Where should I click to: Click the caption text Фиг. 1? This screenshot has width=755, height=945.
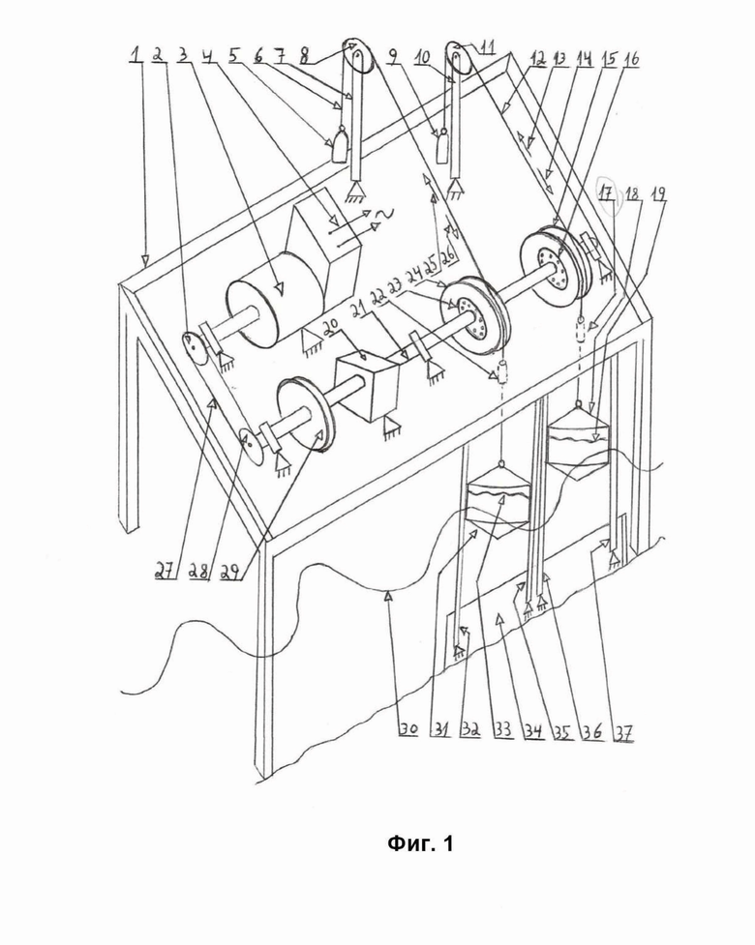tap(420, 843)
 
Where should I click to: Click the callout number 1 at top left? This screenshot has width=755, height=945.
tap(136, 55)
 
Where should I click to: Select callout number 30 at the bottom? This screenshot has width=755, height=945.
tap(408, 730)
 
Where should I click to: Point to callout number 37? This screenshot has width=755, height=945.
tap(623, 731)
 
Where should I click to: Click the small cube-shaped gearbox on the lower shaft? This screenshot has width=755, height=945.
tap(368, 388)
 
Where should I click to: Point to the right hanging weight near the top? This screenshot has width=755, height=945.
tap(442, 145)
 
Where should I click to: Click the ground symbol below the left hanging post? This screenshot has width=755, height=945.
tap(357, 192)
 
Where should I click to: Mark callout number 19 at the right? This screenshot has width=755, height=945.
tap(658, 194)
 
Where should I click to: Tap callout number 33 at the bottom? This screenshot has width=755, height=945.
tap(502, 730)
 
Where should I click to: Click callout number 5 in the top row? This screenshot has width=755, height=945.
tap(233, 55)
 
